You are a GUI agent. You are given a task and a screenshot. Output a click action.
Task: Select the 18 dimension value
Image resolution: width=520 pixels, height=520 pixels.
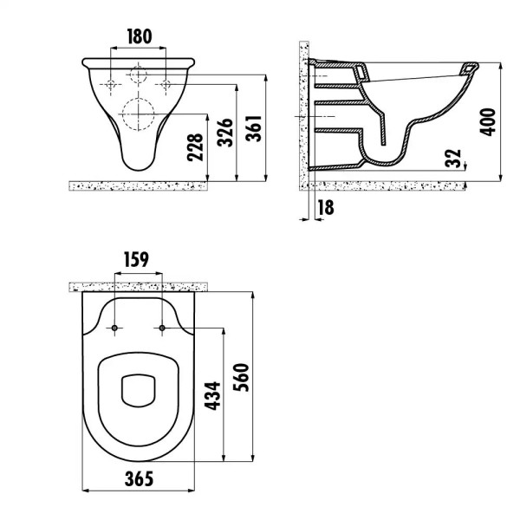pos(326,206)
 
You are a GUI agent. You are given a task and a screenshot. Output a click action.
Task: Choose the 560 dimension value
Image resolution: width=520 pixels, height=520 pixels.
pos(243,380)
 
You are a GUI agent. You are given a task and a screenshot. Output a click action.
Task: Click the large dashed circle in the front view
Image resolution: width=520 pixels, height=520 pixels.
pos(138,114)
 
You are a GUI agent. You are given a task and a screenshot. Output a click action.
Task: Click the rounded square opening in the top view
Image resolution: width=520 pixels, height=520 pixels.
pos(138,391)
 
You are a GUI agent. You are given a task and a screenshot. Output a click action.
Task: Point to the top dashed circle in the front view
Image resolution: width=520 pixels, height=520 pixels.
pos(138,74)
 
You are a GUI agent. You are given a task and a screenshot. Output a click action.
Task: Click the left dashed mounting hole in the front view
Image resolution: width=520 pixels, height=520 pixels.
pos(111,85)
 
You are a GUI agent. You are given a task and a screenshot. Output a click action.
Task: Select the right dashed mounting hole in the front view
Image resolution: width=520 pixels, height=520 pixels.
pos(166,85)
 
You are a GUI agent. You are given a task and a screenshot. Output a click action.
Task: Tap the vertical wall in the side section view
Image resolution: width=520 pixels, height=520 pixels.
pos(303,113)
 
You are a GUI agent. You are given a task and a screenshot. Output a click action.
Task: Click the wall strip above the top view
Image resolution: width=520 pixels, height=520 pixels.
pos(138,285)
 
